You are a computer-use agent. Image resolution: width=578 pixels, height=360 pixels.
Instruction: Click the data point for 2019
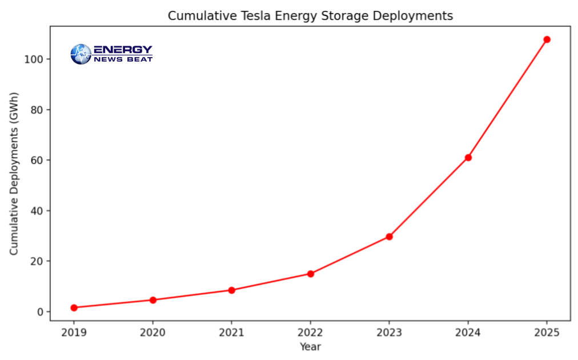coord(74,307)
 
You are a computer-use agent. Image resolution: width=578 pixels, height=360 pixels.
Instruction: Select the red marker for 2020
coord(153,300)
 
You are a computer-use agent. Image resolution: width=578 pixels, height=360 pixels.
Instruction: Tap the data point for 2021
coord(231,290)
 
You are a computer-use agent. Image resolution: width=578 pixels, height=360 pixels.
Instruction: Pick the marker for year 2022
coord(310,274)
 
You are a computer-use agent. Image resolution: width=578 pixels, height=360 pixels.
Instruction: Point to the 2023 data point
coord(389,237)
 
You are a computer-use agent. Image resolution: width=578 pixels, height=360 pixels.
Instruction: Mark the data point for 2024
coord(468,157)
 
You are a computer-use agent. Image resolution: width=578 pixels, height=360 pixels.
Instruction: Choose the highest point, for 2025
coord(547,39)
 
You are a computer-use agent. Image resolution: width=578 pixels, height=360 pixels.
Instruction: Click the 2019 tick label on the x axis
coord(74,332)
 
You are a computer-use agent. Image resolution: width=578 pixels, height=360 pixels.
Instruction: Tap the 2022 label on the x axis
coord(310,332)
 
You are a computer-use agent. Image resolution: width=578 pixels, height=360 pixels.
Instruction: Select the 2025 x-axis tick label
coord(547,332)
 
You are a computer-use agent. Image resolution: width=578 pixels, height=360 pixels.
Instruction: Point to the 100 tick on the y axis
coord(35,59)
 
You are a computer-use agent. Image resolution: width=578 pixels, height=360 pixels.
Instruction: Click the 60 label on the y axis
coord(38,160)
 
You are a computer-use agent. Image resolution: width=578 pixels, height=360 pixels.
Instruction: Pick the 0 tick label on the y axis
coord(41,312)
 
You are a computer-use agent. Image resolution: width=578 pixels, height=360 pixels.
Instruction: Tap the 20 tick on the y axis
coord(38,261)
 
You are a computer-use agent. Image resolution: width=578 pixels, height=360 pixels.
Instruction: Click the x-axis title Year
coord(310,346)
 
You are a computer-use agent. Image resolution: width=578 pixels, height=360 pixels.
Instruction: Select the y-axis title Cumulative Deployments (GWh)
coord(14,173)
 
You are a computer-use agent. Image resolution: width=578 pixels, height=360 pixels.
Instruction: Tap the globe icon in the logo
coord(81,54)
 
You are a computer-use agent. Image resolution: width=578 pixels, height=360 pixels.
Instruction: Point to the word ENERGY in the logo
coord(123,50)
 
